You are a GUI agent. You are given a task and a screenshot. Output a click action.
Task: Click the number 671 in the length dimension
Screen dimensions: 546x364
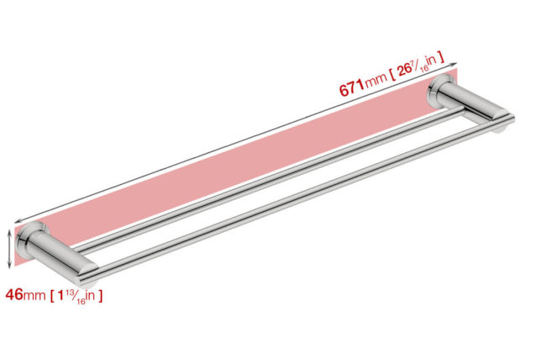click(351, 87)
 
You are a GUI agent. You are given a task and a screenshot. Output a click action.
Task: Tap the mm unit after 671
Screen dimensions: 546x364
click(375, 81)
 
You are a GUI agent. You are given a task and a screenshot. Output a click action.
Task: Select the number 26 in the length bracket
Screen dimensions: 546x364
click(405, 71)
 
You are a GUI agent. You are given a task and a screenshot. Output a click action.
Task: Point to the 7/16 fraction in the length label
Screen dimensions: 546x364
click(420, 66)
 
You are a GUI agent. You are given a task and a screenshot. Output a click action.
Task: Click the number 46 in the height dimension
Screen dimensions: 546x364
click(14, 295)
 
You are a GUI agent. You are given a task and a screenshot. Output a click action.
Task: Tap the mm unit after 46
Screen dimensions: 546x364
click(34, 296)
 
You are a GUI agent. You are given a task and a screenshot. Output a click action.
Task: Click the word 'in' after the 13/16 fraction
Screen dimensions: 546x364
click(90, 295)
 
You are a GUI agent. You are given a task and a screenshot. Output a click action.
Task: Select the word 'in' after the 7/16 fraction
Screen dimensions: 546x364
click(432, 61)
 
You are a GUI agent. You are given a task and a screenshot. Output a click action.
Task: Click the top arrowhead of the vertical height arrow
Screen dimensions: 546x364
click(10, 233)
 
